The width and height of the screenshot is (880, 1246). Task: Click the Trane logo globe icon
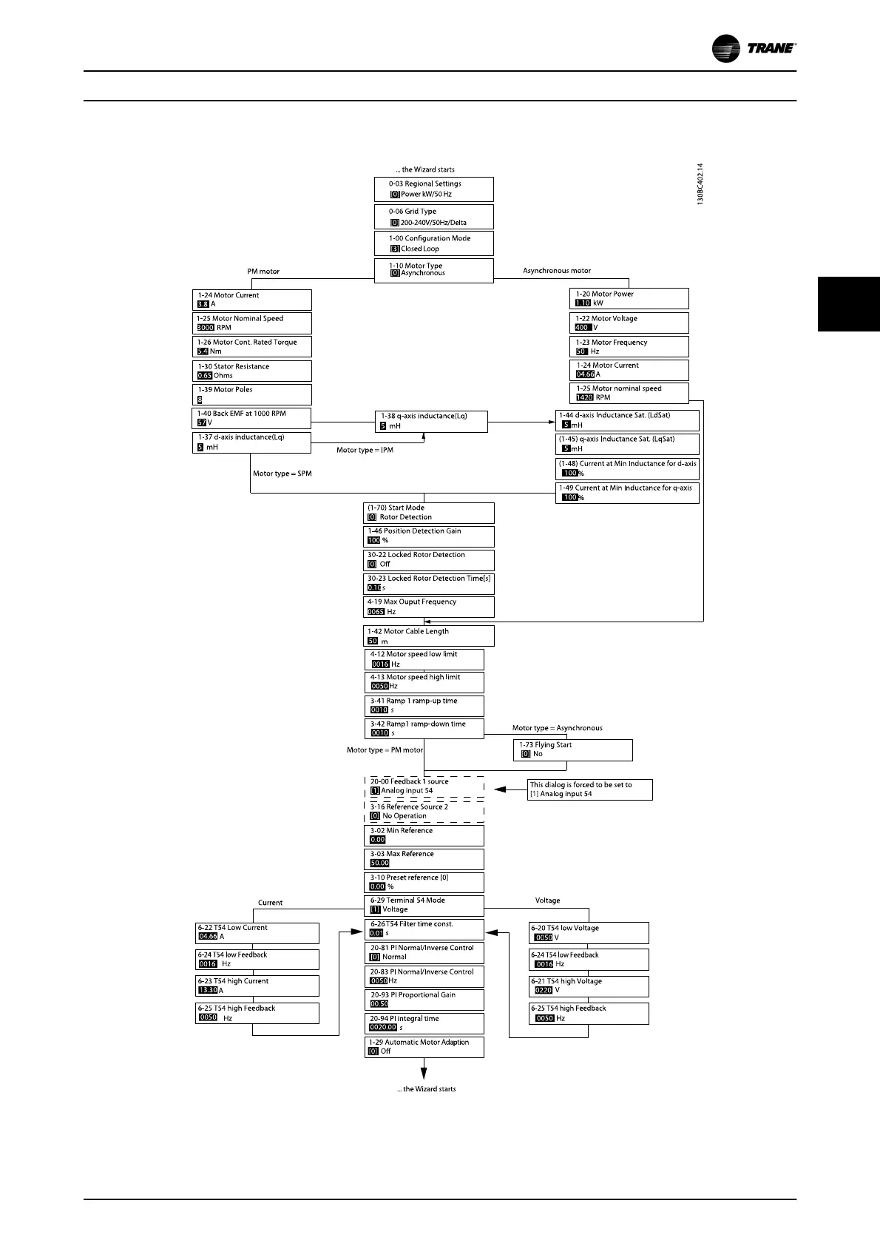click(x=726, y=49)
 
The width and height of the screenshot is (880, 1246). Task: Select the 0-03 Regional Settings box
click(x=433, y=189)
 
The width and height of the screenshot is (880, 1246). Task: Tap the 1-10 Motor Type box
click(x=433, y=270)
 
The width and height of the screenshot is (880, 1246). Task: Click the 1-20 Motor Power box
click(x=629, y=298)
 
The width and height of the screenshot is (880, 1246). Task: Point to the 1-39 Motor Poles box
click(x=251, y=394)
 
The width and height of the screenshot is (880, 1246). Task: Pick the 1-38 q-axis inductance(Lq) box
click(x=431, y=421)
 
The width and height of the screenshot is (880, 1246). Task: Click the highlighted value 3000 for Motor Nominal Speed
click(x=205, y=328)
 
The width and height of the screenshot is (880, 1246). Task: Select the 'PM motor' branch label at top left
click(x=263, y=272)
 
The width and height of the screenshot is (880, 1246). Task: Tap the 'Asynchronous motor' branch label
click(x=557, y=271)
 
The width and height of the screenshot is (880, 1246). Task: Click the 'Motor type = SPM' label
click(x=282, y=474)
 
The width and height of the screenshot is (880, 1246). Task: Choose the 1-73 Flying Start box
click(x=572, y=750)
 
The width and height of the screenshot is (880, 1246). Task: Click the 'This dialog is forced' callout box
click(x=590, y=789)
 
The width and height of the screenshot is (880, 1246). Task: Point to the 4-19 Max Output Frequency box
click(x=429, y=607)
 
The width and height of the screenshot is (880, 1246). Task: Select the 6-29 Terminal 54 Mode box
click(x=424, y=905)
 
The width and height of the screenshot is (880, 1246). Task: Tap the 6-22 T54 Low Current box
click(x=257, y=932)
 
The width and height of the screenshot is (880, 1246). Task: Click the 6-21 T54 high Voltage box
click(x=589, y=986)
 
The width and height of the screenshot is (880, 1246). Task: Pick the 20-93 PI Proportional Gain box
click(x=424, y=1000)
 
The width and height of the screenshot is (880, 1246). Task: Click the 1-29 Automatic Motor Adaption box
click(x=424, y=1047)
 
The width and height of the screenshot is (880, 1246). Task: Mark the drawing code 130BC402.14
click(x=700, y=184)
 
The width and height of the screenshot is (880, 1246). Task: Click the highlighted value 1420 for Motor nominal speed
click(x=584, y=397)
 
